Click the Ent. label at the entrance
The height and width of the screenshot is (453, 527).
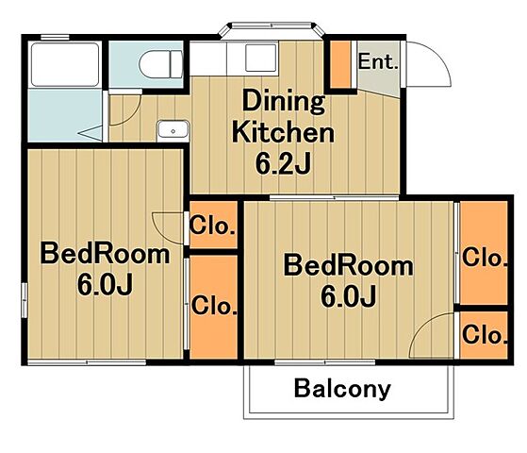(378, 61)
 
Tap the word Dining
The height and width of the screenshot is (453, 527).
(284, 101)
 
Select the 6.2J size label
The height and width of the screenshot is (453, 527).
(283, 164)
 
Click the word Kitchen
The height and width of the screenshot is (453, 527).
(284, 133)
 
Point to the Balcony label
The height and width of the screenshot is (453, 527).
(342, 389)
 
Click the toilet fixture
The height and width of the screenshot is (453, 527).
(160, 64)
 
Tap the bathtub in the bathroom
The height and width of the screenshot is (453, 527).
(65, 64)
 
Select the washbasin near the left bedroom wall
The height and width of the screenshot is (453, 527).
(173, 129)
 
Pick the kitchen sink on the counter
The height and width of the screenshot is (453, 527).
(261, 58)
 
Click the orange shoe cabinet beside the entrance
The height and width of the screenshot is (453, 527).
(340, 64)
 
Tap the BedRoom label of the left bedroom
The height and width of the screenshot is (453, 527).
(105, 254)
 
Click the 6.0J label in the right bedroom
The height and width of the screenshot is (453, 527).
(348, 296)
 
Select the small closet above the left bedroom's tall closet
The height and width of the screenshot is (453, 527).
(213, 225)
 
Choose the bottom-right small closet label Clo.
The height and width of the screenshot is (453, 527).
(485, 335)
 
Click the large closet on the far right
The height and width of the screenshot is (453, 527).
(484, 253)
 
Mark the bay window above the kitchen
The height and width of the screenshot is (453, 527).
(272, 29)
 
